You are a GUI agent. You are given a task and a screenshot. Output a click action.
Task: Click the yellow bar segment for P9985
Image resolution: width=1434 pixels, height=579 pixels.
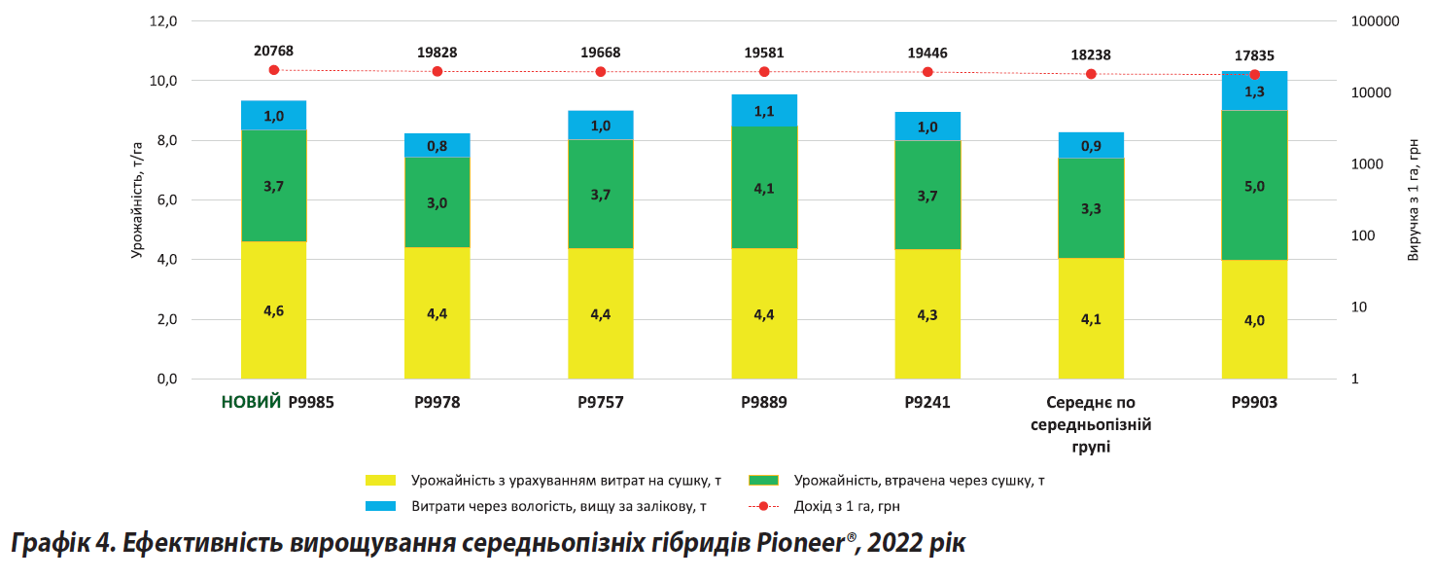tap(273, 310)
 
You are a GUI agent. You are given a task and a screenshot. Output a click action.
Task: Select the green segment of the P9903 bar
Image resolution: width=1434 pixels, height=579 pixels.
tap(1254, 185)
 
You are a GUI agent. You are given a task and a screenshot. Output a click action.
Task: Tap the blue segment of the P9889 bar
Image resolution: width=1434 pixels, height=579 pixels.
tap(764, 110)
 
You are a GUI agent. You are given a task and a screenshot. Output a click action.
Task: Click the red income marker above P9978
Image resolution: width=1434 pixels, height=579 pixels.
tap(437, 71)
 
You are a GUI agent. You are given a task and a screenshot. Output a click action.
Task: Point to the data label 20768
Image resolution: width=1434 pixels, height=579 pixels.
tap(273, 51)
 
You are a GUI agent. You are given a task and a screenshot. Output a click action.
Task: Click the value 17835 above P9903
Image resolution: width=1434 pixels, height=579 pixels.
tap(1254, 55)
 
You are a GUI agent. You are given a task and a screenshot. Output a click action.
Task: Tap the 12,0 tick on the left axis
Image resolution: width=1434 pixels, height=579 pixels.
tap(160, 21)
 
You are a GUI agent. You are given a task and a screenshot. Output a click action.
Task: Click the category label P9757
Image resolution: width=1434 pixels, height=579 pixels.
tap(600, 402)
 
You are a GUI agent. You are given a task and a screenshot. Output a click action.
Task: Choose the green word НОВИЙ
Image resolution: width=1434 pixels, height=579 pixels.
tap(251, 402)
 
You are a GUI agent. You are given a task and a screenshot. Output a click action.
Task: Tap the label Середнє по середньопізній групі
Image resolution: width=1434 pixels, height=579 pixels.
tap(1091, 424)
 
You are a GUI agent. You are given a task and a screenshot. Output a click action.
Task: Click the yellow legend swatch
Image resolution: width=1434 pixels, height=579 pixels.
tap(381, 480)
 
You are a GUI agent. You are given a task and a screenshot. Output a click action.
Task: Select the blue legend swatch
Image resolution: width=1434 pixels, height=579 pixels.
tap(381, 506)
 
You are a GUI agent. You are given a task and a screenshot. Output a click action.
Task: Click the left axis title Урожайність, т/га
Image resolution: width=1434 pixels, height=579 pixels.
tap(137, 199)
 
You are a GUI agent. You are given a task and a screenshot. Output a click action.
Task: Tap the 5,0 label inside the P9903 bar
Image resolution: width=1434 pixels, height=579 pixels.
tap(1254, 186)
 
